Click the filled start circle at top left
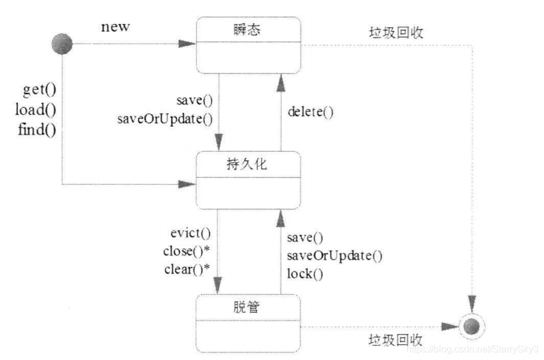point(62,44)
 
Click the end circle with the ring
point(473,326)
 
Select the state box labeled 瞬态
point(248,45)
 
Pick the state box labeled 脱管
point(248,323)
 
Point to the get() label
point(39,90)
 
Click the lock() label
point(305,274)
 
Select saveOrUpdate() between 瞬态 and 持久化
point(165,118)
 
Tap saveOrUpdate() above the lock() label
point(334,256)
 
